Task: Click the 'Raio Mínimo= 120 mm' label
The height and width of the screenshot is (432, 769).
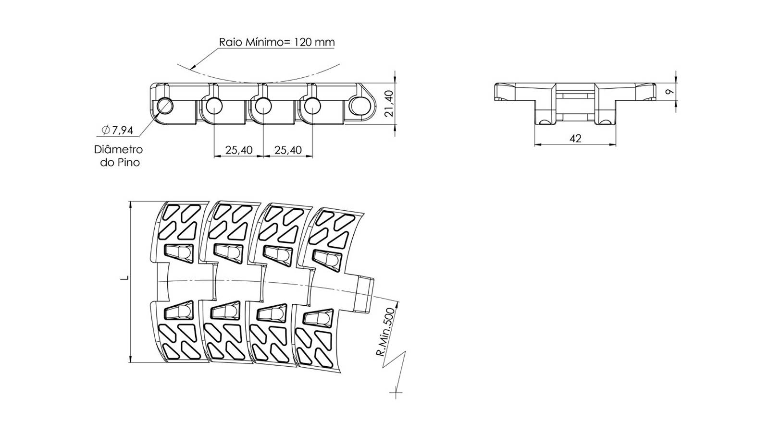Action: pos(277,42)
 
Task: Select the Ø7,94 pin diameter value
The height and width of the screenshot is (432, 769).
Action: pos(117,130)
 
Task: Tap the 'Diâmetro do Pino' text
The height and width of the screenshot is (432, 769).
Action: pos(119,156)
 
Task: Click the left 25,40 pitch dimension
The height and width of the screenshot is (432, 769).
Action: pos(238,150)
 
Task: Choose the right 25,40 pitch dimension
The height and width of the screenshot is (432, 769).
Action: pos(288,150)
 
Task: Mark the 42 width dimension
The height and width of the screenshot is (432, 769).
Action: pos(575,139)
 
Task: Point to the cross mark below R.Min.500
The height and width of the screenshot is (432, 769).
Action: pos(396,393)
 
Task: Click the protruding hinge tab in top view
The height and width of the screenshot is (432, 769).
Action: pos(365,293)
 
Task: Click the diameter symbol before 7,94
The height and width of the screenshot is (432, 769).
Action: pos(106,130)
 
